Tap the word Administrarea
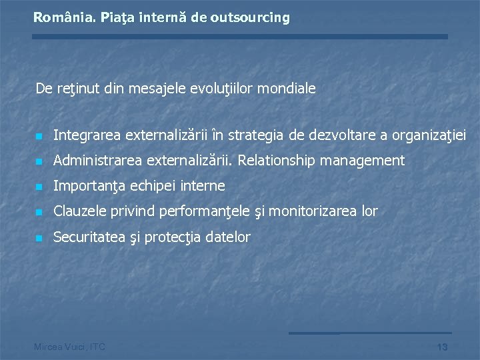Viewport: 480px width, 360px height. pyautogui.click(x=97, y=161)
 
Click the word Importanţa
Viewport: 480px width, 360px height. pyautogui.click(x=85, y=186)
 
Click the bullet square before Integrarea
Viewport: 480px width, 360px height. pyautogui.click(x=39, y=137)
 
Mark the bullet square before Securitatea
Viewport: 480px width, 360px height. pyautogui.click(x=39, y=238)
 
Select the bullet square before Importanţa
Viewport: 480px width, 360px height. pyautogui.click(x=39, y=187)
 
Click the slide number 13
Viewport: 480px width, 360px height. pyautogui.click(x=442, y=347)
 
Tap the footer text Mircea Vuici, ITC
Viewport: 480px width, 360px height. pyautogui.click(x=69, y=347)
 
